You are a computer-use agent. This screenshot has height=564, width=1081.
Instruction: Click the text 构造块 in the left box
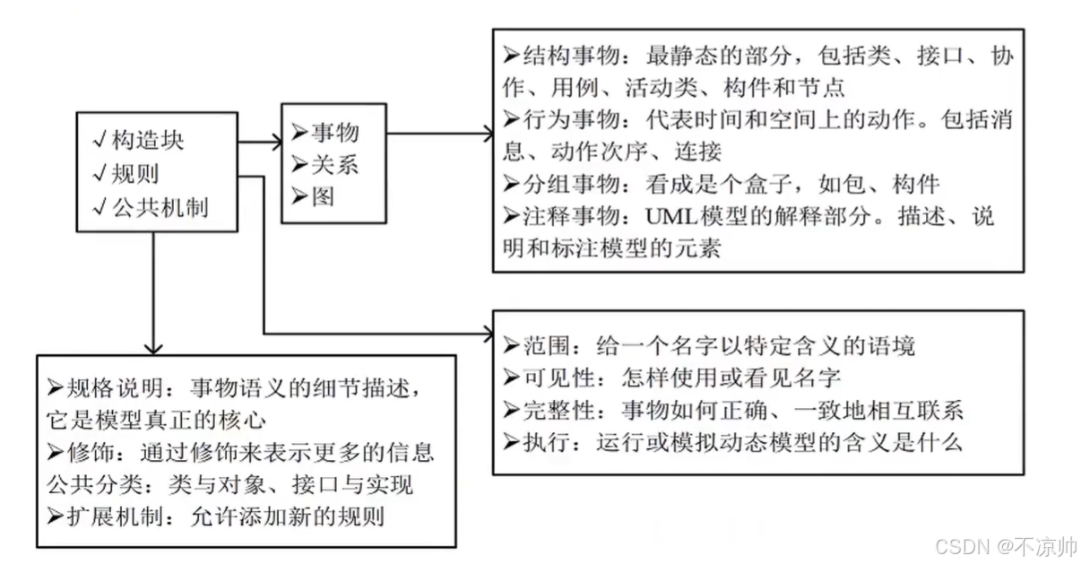[149, 139]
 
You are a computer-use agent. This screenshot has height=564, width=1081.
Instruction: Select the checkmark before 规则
[99, 173]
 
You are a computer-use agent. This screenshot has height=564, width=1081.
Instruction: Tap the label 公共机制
[160, 207]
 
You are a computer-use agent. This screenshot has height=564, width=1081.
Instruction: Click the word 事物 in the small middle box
[334, 133]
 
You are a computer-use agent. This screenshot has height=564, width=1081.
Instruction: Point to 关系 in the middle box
[334, 165]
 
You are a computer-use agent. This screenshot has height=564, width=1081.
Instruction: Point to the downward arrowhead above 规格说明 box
[153, 346]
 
